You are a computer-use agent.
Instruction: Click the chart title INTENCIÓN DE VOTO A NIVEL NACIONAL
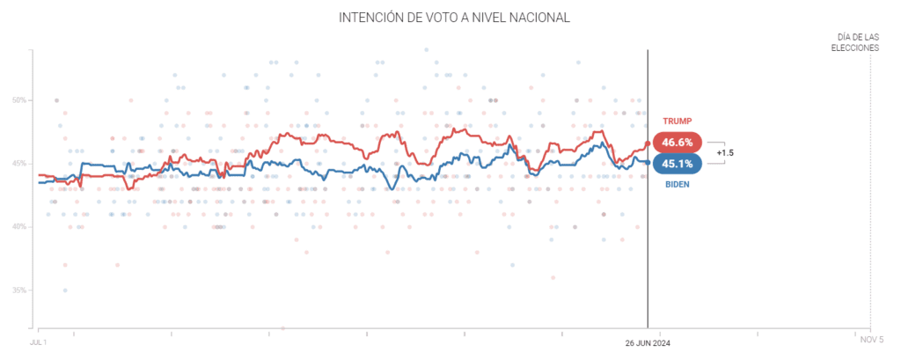click(x=450, y=17)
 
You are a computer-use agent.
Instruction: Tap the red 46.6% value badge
click(x=678, y=142)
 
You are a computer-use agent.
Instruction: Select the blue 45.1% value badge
click(x=678, y=164)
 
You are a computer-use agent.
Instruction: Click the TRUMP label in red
click(x=677, y=121)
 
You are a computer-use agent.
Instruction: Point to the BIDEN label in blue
click(x=677, y=184)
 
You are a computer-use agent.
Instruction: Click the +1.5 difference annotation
click(x=725, y=153)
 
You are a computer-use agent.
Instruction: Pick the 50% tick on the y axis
click(x=19, y=100)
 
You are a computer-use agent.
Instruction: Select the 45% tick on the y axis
click(x=19, y=164)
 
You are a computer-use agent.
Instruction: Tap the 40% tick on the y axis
click(x=19, y=227)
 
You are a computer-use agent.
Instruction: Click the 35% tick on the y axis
click(x=19, y=290)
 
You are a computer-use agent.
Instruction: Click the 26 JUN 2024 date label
click(x=648, y=342)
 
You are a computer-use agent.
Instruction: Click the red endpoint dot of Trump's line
click(x=648, y=143)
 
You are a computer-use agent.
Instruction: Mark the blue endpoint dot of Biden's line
click(x=648, y=163)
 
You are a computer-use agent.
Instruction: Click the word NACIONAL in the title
click(x=528, y=17)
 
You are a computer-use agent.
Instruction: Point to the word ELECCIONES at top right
click(x=855, y=48)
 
